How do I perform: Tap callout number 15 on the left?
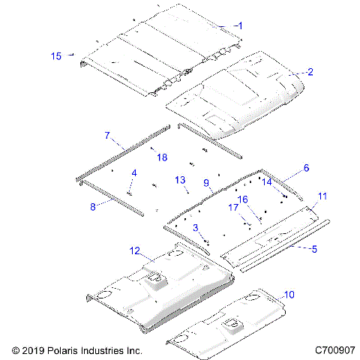[55, 55]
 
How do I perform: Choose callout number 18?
[161, 156]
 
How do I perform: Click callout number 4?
[134, 173]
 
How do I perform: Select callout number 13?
[180, 180]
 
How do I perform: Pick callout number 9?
[206, 182]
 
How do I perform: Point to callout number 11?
[322, 196]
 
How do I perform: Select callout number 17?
[233, 207]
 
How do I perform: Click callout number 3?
[196, 227]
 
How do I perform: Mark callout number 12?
[135, 250]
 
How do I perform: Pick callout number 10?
[289, 295]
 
